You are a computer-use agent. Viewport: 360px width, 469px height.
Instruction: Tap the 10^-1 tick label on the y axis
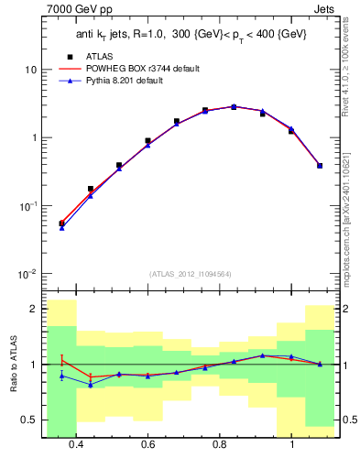pyautogui.click(x=28, y=206)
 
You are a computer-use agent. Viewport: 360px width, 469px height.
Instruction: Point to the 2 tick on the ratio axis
pyautogui.click(x=34, y=310)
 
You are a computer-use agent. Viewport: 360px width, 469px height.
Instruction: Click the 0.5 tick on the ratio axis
pyautogui.click(x=29, y=420)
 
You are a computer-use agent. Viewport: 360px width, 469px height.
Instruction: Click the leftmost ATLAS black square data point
pyautogui.click(x=61, y=223)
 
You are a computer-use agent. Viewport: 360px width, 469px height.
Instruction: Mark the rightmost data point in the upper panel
pyautogui.click(x=319, y=166)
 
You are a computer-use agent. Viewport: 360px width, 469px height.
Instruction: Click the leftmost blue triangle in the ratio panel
pyautogui.click(x=61, y=376)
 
